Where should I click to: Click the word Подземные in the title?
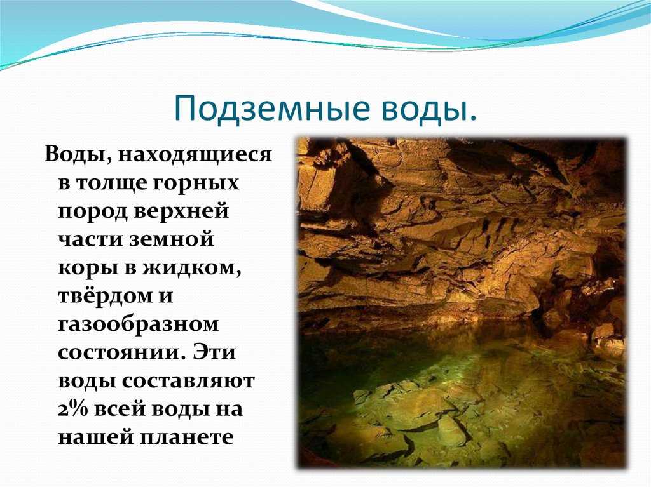[272, 108]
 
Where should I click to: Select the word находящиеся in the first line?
[195, 155]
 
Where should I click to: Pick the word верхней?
[182, 211]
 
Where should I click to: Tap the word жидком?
[192, 269]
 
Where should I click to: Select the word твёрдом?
[104, 296]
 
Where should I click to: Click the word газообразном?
[138, 324]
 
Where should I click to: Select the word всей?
[120, 409]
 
